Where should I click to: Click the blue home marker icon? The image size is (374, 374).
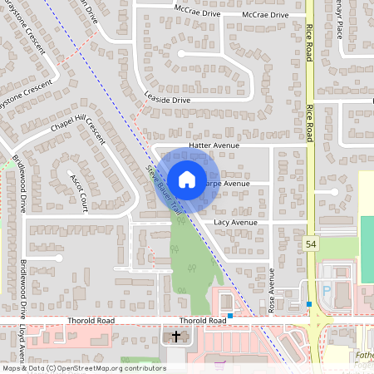(187, 180)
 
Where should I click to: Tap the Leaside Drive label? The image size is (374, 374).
(167, 100)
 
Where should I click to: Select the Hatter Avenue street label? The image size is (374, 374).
(214, 145)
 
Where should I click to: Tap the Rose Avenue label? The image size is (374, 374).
(272, 290)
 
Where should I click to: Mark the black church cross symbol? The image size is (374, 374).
(176, 337)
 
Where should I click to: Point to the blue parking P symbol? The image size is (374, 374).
(326, 289)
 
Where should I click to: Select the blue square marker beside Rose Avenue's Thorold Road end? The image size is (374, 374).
(230, 316)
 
